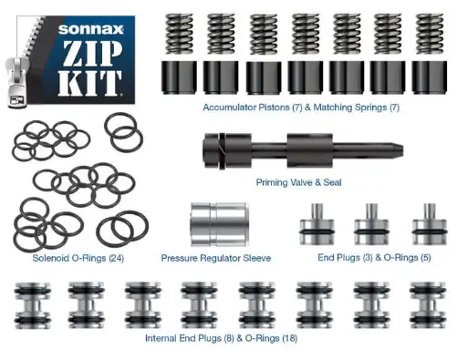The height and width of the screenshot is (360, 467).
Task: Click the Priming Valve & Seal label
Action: point(300,182)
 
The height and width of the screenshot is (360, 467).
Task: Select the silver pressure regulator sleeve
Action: point(215,223)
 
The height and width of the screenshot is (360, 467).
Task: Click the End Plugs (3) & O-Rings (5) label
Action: point(375,258)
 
